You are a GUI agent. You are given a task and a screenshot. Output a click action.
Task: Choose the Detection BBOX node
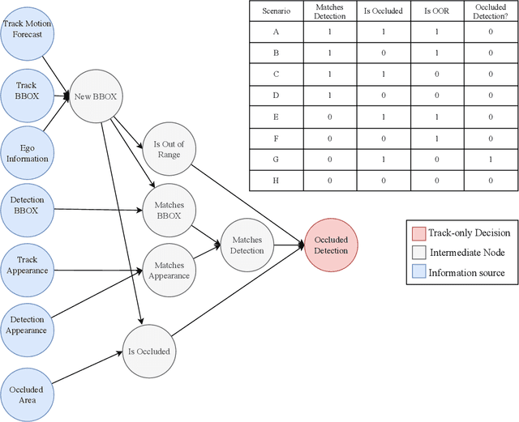pyautogui.click(x=28, y=205)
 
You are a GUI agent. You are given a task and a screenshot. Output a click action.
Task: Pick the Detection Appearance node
pyautogui.click(x=28, y=325)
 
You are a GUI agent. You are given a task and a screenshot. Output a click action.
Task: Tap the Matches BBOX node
pyautogui.click(x=169, y=211)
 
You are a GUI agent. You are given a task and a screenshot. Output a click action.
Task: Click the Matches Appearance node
pyautogui.click(x=169, y=270)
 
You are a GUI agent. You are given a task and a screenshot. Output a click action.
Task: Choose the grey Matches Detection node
pyautogui.click(x=247, y=245)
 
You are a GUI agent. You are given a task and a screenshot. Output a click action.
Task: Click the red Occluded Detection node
pyautogui.click(x=330, y=245)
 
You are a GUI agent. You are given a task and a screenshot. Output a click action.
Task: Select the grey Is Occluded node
pyautogui.click(x=148, y=352)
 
